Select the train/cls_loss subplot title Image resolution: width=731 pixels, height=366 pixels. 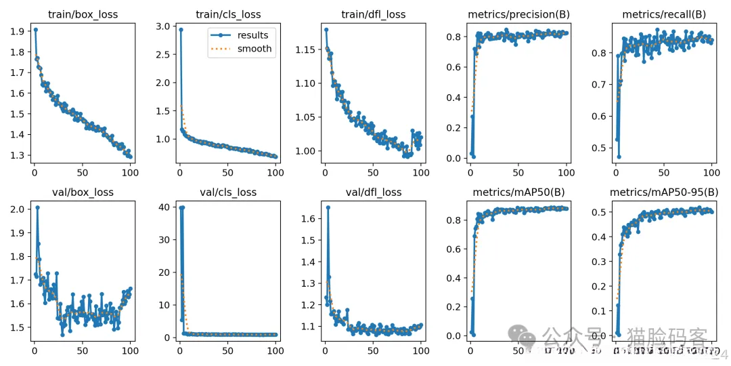click(x=227, y=14)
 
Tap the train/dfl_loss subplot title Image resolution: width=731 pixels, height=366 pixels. click(x=373, y=14)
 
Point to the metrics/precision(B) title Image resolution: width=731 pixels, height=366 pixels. click(x=519, y=14)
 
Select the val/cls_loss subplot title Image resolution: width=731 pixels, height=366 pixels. click(x=227, y=192)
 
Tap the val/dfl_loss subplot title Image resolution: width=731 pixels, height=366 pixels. click(x=373, y=192)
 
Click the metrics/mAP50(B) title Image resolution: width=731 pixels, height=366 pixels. click(x=519, y=192)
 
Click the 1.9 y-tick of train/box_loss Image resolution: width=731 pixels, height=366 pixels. click(x=19, y=31)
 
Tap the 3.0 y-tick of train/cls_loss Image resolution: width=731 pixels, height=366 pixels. click(x=164, y=26)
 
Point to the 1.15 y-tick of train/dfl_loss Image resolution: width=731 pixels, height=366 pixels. click(x=306, y=50)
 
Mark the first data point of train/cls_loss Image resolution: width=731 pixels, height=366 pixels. click(x=181, y=30)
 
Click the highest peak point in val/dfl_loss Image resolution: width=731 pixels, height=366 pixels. click(x=328, y=207)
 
